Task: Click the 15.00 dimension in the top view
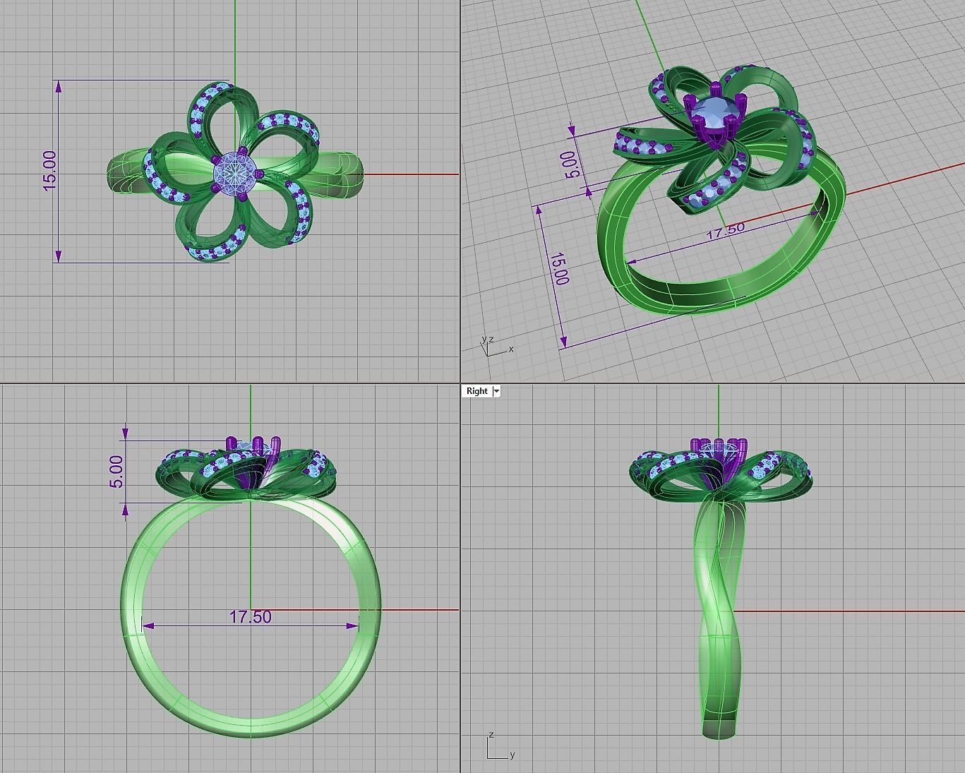[x=50, y=171]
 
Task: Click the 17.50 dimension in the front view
[x=250, y=617]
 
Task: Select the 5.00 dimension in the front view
[x=116, y=471]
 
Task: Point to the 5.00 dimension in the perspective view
[x=573, y=164]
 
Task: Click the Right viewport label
[x=476, y=391]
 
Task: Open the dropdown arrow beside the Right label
[x=496, y=391]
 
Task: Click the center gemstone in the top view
[x=229, y=171]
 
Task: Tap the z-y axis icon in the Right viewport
[x=498, y=748]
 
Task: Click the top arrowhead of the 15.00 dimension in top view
[x=59, y=86]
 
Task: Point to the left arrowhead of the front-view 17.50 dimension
[x=147, y=625]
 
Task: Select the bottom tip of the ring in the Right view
[x=719, y=734]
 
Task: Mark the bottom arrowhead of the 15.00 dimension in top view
[x=59, y=256]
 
